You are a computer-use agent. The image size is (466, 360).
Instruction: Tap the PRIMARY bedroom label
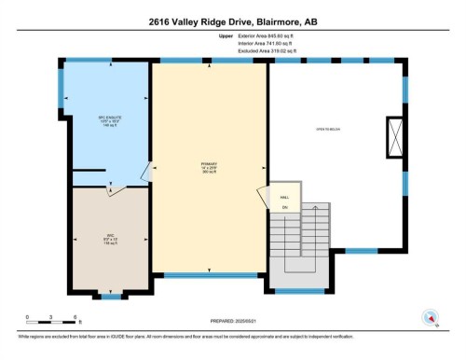[209, 169]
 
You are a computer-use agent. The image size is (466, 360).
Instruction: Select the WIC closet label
[107, 237]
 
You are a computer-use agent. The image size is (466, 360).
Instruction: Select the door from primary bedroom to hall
[261, 196]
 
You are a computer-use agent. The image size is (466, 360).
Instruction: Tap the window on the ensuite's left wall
[63, 89]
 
